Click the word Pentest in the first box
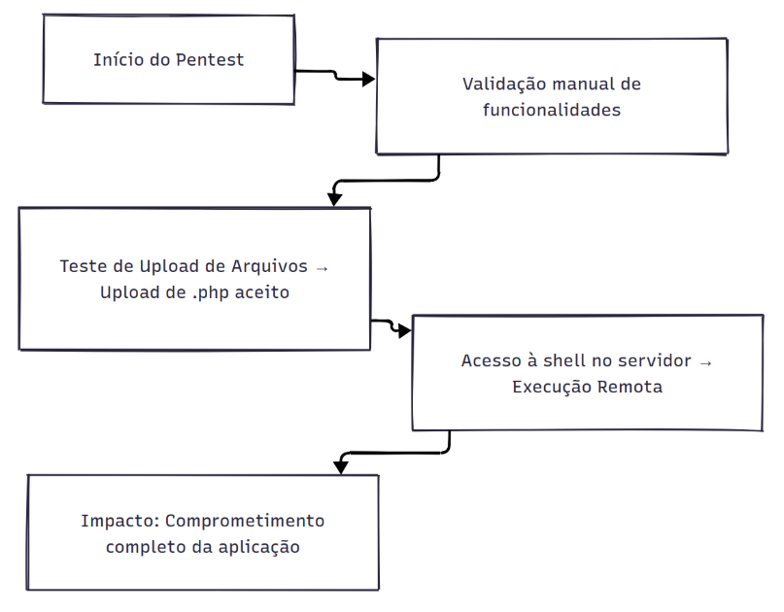pos(210,60)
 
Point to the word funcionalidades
pos(552,110)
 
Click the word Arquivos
pos(269,266)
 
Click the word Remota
pos(630,387)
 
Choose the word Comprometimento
pos(245,521)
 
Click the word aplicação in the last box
pos(259,548)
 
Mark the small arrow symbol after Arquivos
pos(322,268)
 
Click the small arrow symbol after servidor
pos(705,363)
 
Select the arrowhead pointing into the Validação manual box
pos(368,79)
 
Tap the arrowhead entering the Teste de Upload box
pos(334,199)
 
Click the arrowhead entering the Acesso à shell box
pos(404,330)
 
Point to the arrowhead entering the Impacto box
pos(340,467)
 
